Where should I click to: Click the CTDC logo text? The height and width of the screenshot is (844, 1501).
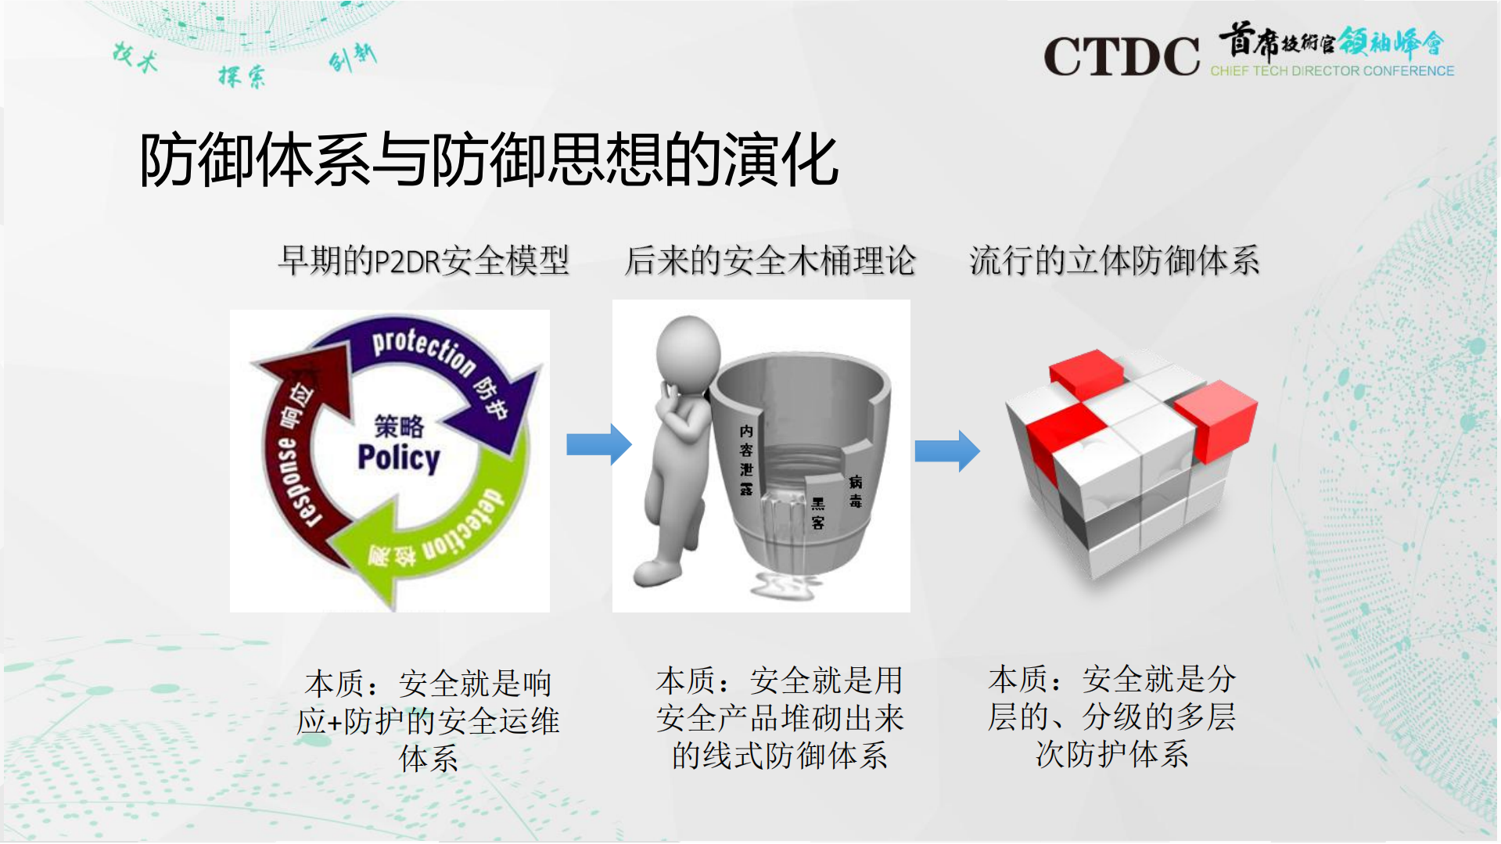tap(1121, 56)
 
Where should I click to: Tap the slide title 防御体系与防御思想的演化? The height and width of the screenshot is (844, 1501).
tap(489, 160)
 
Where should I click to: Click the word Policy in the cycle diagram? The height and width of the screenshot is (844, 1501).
tap(399, 458)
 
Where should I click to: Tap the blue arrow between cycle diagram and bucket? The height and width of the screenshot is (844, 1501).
tap(598, 444)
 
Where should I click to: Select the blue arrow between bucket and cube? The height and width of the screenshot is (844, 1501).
tap(947, 451)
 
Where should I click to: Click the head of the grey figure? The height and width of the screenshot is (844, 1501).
tap(688, 349)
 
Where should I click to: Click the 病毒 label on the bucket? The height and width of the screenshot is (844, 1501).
tap(855, 491)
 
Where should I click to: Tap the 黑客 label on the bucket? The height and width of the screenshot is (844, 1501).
tap(817, 513)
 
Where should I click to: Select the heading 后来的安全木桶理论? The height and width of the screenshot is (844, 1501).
tap(770, 260)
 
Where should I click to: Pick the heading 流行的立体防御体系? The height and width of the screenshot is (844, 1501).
tap(1114, 260)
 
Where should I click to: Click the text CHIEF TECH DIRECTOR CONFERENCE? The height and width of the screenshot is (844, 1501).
tap(1332, 71)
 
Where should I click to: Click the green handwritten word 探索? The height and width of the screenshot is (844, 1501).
tap(242, 77)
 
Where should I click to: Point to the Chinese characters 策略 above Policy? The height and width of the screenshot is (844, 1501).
tap(399, 426)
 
